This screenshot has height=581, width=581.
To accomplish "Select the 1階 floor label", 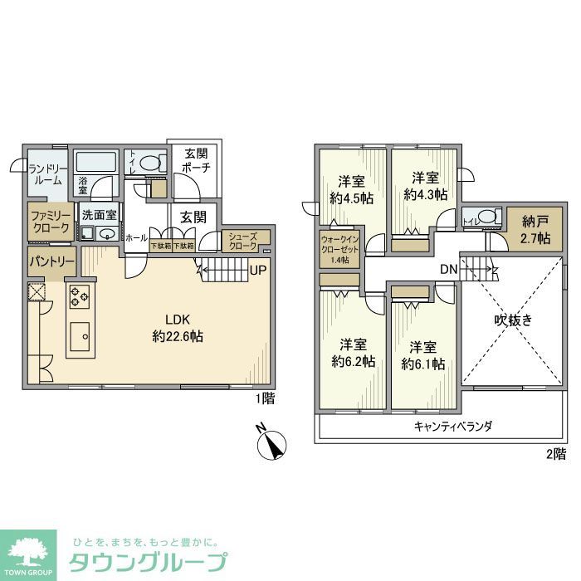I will tap(264, 398).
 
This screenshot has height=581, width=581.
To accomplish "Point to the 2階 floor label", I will tap(555, 453).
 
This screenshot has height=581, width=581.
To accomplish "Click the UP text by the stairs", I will tap(257, 271).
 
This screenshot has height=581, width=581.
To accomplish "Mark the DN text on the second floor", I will tap(449, 269).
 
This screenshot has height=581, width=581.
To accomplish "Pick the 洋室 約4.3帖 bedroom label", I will tap(425, 186).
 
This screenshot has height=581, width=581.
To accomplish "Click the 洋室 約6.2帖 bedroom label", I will tap(353, 354).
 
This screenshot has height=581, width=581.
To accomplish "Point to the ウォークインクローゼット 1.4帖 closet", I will tap(340, 249).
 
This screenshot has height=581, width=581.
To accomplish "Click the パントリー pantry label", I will tap(51, 261).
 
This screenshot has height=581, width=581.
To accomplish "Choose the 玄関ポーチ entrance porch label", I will tap(197, 160).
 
